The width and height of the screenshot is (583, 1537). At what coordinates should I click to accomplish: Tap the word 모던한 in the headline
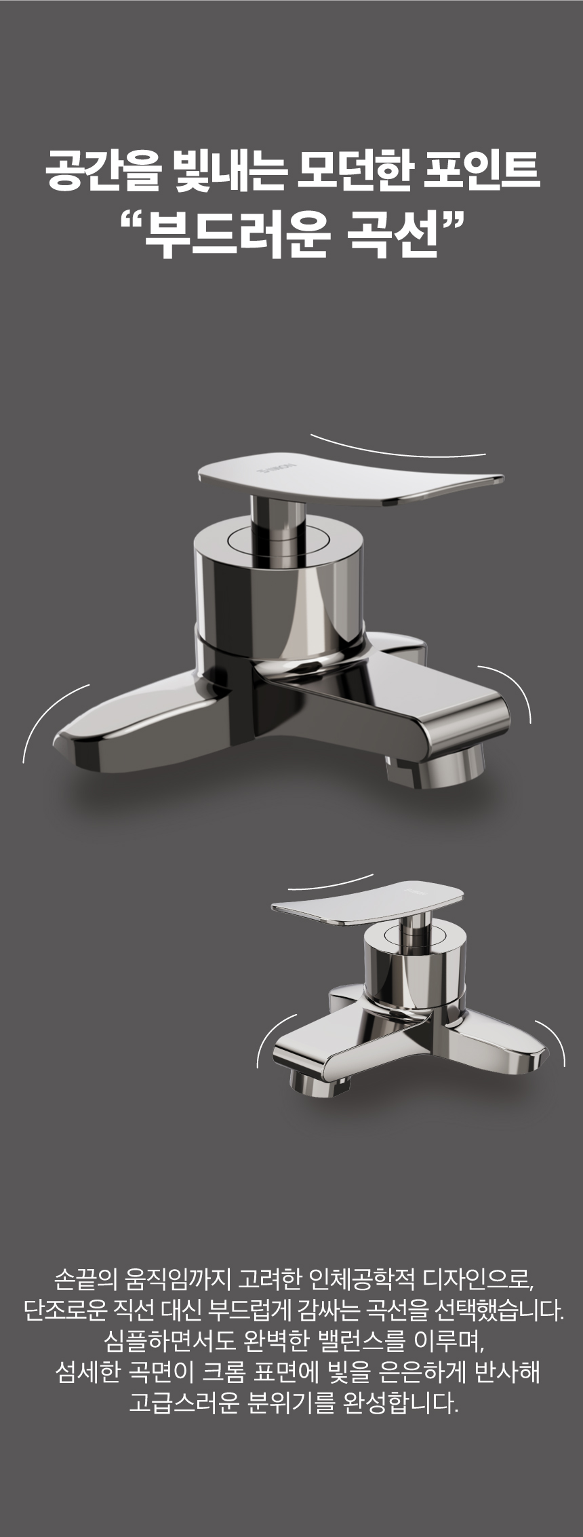(352, 173)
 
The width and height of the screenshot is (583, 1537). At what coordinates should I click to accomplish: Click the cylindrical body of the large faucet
(279, 583)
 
